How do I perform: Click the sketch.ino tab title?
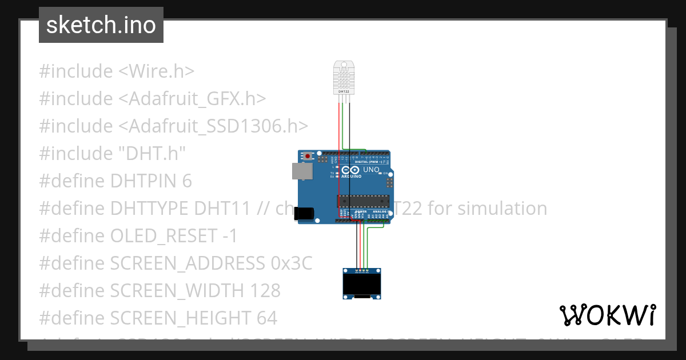coord(101,25)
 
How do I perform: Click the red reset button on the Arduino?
coord(308,155)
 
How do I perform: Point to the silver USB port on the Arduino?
coord(302,171)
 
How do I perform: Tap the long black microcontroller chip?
coord(360,201)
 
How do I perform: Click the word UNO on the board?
coord(372,170)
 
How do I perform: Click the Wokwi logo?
coord(607,315)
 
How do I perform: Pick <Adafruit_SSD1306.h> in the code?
coord(213,126)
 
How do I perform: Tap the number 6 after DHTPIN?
coord(187,181)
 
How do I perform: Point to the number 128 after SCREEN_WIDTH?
coord(265,291)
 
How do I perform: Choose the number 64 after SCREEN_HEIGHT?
coord(266,318)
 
